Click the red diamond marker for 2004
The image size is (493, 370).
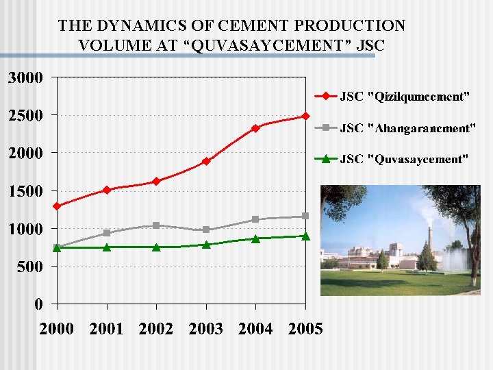255,128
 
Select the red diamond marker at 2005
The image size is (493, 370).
305,116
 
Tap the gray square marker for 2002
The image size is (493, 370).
156,225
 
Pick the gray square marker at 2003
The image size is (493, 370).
206,230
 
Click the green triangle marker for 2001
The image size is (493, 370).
107,247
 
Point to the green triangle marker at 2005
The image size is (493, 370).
305,236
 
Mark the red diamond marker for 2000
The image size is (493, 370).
57,206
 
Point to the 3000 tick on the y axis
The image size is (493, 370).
25,77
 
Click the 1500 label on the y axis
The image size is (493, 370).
25,190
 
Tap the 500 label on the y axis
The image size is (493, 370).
29,266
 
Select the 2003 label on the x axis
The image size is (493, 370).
206,329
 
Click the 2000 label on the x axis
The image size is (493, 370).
57,329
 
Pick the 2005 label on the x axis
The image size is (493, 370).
305,329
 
